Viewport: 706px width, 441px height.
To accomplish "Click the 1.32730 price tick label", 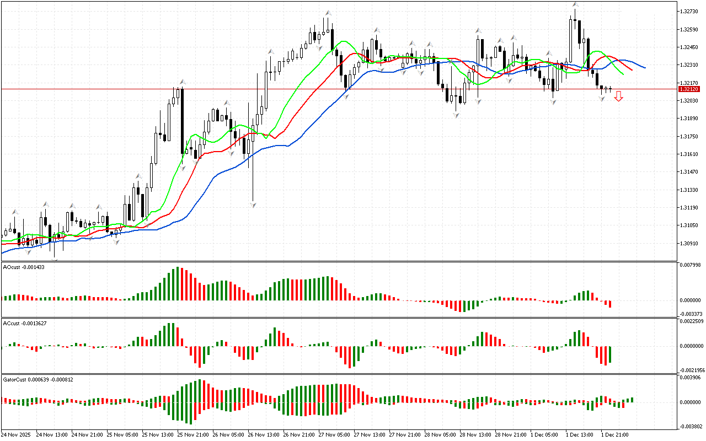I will (689, 11).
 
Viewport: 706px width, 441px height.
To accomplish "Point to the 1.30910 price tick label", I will (689, 243).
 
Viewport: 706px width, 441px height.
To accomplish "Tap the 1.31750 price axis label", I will (689, 136).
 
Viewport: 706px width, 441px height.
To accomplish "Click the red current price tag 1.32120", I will (689, 89).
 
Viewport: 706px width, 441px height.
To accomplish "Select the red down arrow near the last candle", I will (619, 96).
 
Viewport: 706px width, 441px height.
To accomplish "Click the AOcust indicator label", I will (24, 267).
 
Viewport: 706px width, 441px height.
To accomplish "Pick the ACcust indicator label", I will (25, 323).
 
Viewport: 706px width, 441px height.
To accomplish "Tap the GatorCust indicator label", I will (38, 379).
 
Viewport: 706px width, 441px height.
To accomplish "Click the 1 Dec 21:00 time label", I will (615, 435).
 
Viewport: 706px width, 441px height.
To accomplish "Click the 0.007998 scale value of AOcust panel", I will (691, 265).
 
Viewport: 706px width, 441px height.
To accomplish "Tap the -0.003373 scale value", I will (691, 314).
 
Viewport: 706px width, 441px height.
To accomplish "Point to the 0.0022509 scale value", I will (691, 321).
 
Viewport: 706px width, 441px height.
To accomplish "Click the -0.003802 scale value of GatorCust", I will (691, 426).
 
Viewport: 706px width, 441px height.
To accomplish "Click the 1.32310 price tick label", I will (689, 64).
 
